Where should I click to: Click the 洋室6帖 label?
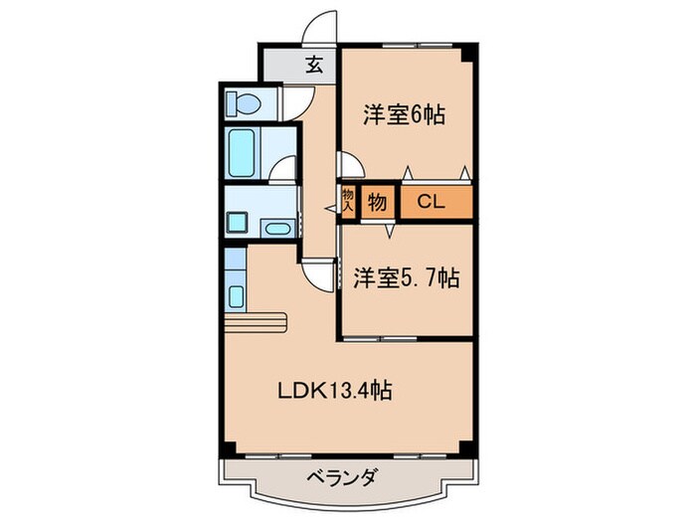403,115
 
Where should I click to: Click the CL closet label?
430,203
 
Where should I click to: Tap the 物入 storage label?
349,202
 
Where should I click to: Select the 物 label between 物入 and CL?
378,203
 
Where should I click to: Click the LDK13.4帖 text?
333,392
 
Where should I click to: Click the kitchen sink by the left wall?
237,295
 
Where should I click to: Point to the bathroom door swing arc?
284,170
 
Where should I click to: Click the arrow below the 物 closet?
391,231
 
